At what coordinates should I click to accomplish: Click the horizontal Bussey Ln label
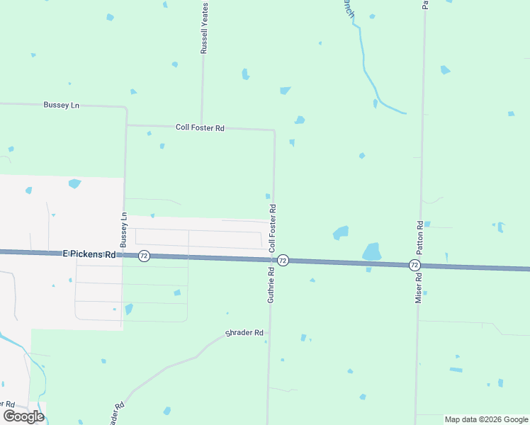coord(61,105)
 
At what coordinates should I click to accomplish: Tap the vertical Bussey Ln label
coord(123,229)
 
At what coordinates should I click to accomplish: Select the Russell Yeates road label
coord(204,28)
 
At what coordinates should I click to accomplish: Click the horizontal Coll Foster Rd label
coord(200,127)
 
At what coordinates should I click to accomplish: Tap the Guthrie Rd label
coord(271,285)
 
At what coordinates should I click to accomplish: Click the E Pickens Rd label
coord(89,254)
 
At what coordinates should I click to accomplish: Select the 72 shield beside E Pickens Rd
coord(144,256)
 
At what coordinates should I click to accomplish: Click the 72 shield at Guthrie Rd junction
coord(283,261)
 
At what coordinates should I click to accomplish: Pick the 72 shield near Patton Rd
coord(414,265)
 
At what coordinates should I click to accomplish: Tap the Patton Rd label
coord(419,238)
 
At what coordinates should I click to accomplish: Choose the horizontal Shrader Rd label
coord(244,333)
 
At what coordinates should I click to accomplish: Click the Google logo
coord(23,416)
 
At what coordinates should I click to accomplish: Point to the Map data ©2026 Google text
coord(486,419)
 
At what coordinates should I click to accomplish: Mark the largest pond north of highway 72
coord(371,251)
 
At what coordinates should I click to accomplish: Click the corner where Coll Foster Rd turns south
coord(274,130)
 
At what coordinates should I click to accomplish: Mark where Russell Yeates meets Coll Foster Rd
coord(202,126)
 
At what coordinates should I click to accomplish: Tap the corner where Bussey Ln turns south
coord(126,108)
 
